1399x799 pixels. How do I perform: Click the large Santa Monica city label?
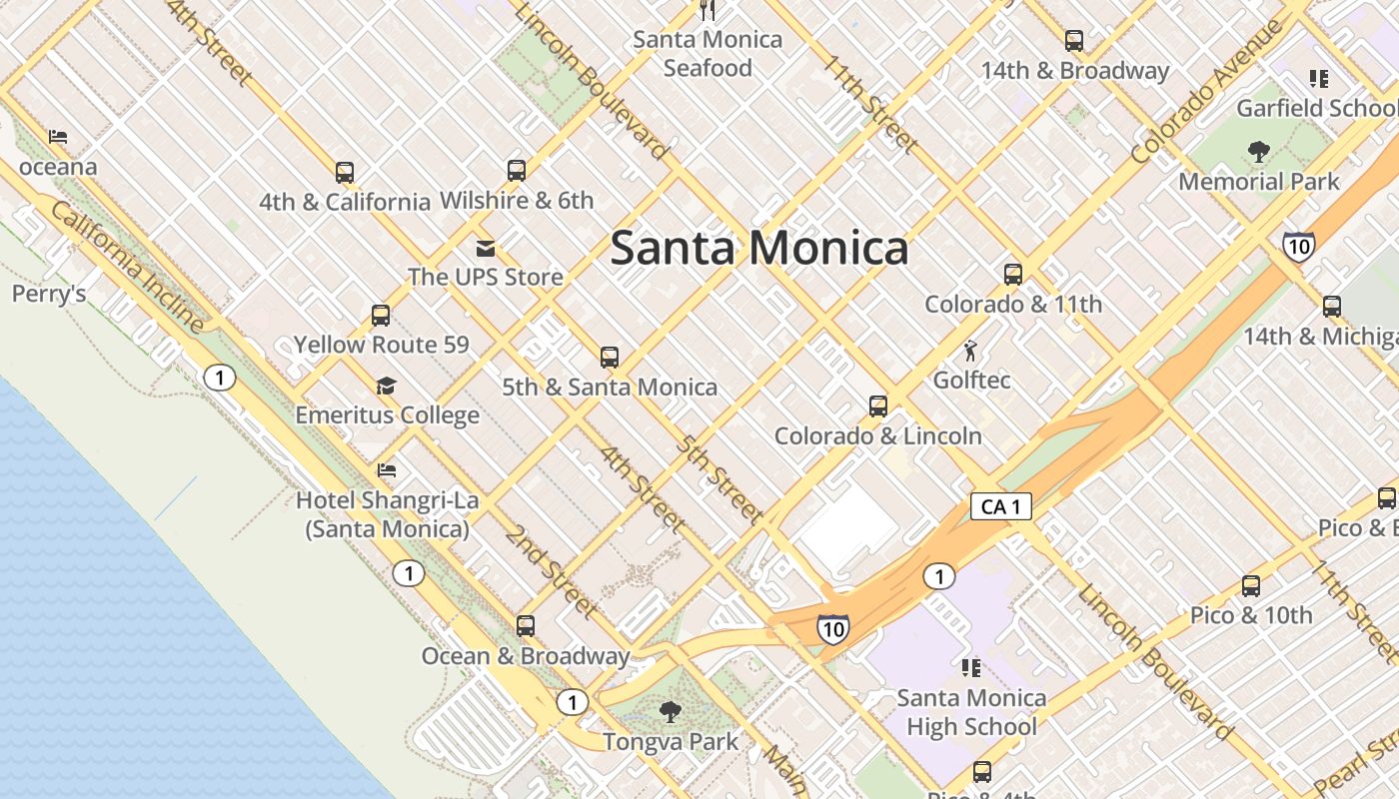[x=759, y=248]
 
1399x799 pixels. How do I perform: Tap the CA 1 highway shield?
[x=1000, y=506]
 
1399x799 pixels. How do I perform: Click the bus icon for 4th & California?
[x=345, y=173]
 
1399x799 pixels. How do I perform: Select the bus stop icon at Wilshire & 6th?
[x=516, y=171]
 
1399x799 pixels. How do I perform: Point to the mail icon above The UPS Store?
[x=486, y=249]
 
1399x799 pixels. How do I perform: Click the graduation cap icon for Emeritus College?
[x=387, y=387]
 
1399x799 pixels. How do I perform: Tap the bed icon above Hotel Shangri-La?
[x=387, y=469]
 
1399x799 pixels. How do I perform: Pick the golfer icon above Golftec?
[x=970, y=351]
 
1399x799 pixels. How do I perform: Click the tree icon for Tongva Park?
[x=671, y=712]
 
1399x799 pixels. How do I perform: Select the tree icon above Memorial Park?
[x=1258, y=152]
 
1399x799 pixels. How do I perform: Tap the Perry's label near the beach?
[x=49, y=294]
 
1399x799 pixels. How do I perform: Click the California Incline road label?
[x=127, y=267]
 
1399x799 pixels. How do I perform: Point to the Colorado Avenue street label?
[x=1206, y=91]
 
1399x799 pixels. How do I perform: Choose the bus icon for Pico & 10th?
[x=1251, y=586]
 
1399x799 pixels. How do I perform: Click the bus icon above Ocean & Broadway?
[x=526, y=626]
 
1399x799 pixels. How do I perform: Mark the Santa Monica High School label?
[x=971, y=712]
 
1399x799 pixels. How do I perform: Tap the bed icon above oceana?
[x=58, y=137]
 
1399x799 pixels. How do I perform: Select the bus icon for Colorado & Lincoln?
[x=878, y=406]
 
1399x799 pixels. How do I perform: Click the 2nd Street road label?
[x=551, y=570]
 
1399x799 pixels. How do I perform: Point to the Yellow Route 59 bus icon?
[x=381, y=316]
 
